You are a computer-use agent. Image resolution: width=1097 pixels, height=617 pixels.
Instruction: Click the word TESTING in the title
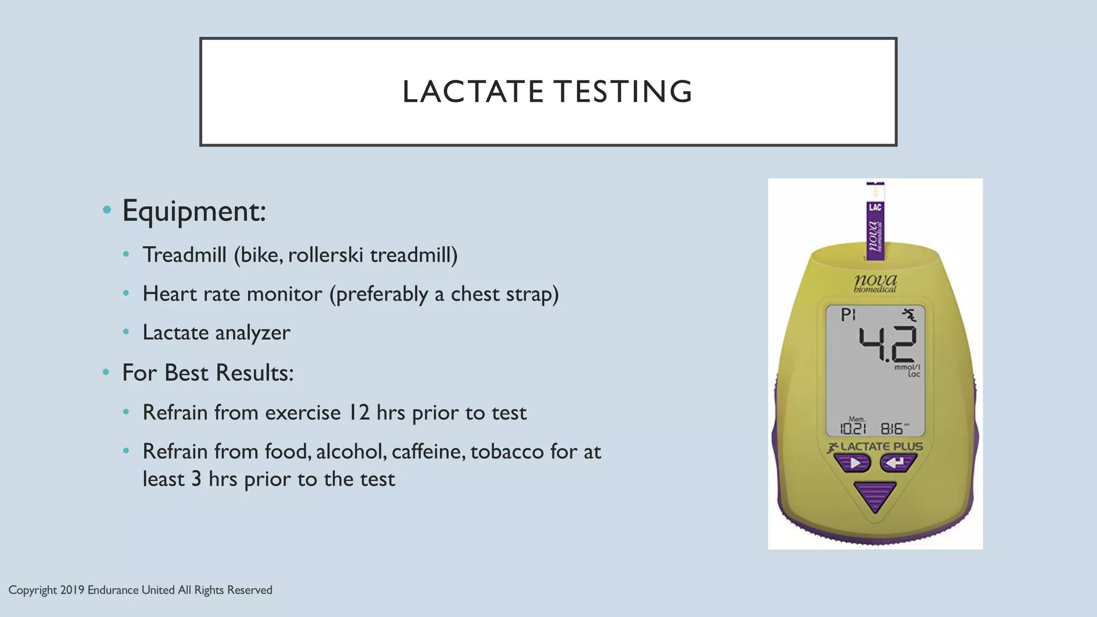623,92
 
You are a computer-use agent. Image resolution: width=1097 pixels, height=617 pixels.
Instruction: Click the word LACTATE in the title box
473,92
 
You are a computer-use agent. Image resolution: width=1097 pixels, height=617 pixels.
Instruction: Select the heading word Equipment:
194,211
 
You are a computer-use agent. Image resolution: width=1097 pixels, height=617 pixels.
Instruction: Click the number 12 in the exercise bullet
359,413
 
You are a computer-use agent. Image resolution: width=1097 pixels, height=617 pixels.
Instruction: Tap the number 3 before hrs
196,479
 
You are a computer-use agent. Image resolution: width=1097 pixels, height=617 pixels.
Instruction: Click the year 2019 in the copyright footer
72,590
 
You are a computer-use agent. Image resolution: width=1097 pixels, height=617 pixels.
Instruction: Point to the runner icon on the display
908,315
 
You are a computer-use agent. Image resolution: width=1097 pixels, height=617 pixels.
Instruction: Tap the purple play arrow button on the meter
855,463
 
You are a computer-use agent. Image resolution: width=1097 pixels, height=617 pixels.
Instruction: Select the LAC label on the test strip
875,208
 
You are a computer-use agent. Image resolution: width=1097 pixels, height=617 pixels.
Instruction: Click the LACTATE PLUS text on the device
881,447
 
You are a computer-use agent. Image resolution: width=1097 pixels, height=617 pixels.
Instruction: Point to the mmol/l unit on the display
907,367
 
